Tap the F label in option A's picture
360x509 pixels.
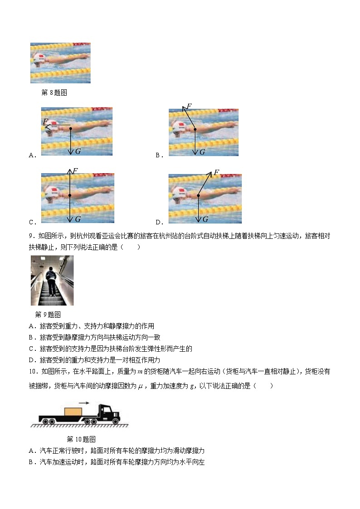45,121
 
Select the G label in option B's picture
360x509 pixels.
203,152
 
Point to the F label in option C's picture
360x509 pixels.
75,171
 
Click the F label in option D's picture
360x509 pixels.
216,173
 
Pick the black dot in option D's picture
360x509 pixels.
198,195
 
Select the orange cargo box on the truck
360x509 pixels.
73,412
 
